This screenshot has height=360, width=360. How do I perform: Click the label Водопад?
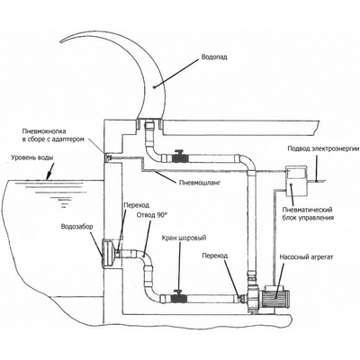214,57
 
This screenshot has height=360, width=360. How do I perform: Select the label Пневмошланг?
200,183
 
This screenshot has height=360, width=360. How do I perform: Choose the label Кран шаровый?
184,238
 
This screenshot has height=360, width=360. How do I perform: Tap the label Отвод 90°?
151,215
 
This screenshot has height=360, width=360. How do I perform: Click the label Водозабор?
76,227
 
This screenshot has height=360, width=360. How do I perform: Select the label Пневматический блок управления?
309,213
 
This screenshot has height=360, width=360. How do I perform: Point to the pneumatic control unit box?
295,182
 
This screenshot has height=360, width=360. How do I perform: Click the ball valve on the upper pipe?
179,157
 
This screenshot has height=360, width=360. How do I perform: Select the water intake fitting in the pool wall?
109,253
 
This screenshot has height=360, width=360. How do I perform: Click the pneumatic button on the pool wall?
107,157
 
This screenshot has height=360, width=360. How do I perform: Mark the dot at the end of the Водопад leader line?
154,87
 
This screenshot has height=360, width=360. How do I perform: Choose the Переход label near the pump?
215,256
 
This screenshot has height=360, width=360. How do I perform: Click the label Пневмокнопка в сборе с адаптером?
52,135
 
